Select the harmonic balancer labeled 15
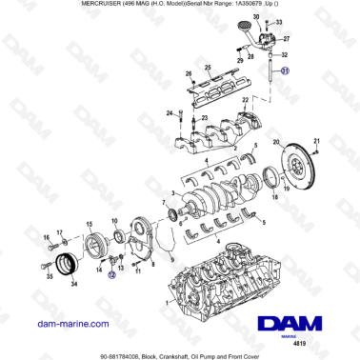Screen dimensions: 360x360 [x=96, y=244]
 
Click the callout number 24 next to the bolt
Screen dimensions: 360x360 [x=171, y=115]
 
